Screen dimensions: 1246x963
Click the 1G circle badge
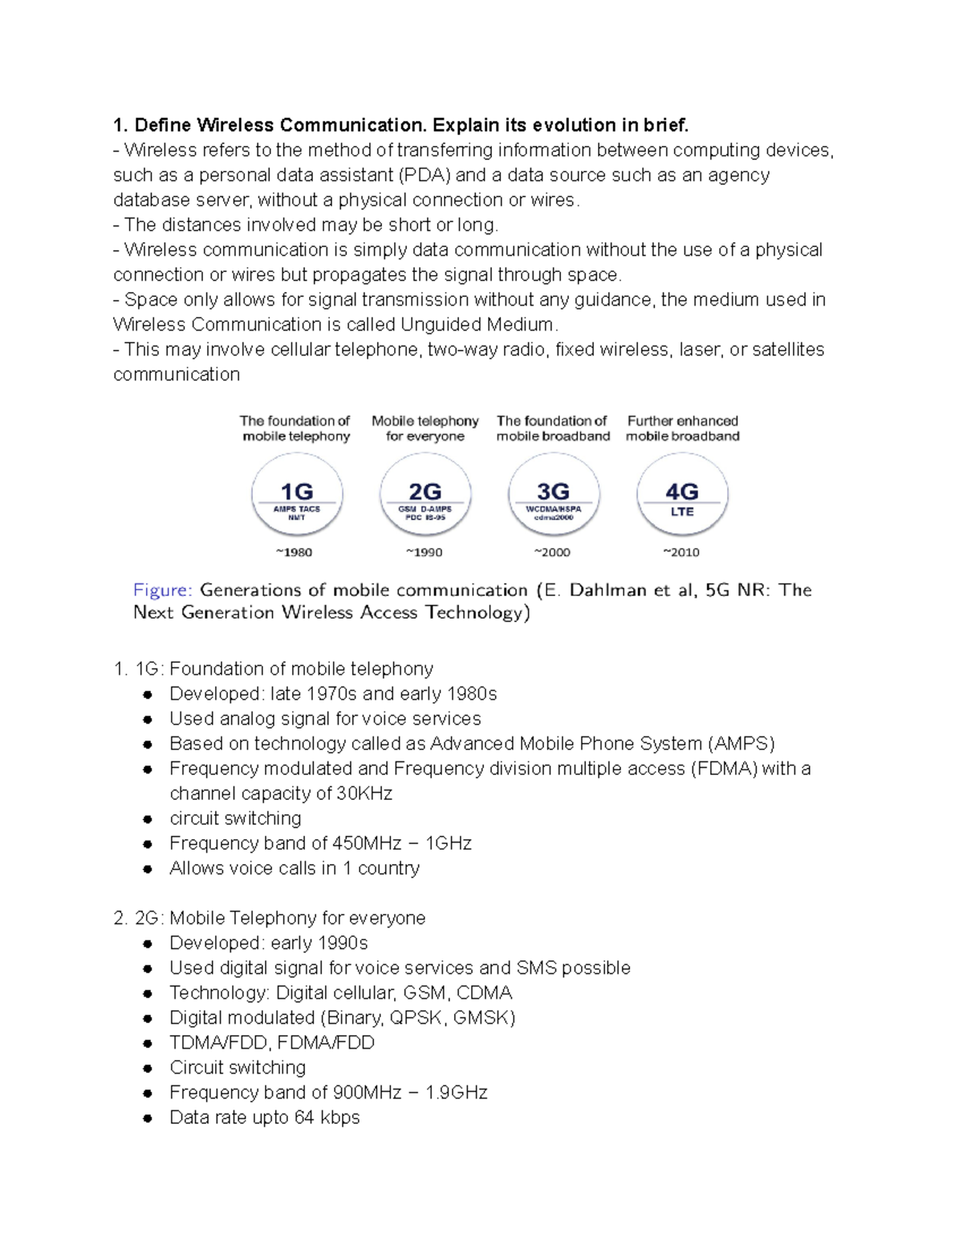click(x=297, y=495)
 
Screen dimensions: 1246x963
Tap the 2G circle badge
click(x=425, y=495)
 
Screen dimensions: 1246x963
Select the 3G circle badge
click(x=554, y=495)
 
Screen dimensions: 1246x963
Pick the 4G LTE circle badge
click(x=682, y=495)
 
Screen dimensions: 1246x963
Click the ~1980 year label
click(x=294, y=552)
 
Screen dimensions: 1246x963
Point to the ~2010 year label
click(x=681, y=552)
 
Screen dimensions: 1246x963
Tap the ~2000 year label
click(x=552, y=552)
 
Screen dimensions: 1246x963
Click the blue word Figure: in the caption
click(x=162, y=591)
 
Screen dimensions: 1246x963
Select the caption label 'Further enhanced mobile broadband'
click(x=682, y=428)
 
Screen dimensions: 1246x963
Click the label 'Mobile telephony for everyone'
click(x=425, y=428)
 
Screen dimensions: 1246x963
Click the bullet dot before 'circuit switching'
click(x=148, y=819)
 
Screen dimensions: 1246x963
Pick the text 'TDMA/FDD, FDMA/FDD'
click(x=272, y=1043)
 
